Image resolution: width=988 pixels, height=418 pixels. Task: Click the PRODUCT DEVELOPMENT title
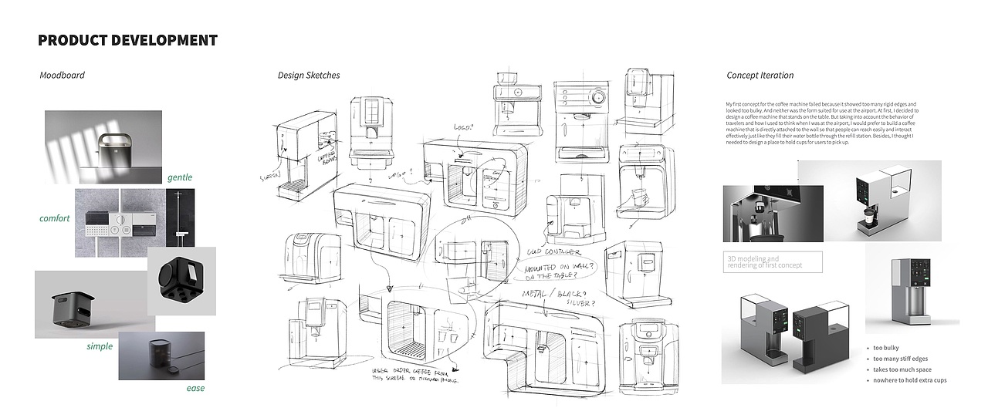127,40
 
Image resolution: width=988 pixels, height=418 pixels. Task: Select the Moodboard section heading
62,76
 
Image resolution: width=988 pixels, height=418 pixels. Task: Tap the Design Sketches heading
309,76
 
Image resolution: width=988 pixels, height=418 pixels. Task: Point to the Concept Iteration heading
760,76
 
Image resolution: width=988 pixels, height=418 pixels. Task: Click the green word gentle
180,177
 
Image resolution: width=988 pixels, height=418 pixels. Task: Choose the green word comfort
55,218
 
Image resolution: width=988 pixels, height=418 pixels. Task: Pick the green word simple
100,346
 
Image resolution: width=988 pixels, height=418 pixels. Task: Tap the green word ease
195,388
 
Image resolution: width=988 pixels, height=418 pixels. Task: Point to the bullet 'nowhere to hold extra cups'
909,380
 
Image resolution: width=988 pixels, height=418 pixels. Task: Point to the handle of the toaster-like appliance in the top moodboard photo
113,138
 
